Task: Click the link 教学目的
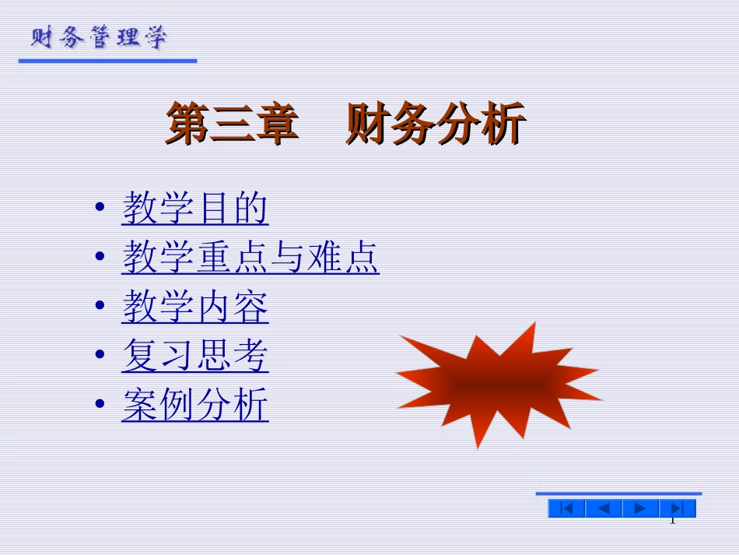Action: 194,209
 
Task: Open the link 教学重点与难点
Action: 250,258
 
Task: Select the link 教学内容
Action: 194,307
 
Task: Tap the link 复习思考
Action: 194,357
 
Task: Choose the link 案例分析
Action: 194,406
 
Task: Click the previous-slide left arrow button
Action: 604,509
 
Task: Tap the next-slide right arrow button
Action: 640,509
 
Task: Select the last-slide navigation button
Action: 677,509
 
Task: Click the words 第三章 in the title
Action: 232,125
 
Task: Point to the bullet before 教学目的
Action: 99,209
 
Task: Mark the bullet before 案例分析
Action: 99,406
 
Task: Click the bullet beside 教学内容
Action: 99,307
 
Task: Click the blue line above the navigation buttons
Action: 618,494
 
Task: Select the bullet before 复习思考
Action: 99,357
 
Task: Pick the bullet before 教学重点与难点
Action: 99,258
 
